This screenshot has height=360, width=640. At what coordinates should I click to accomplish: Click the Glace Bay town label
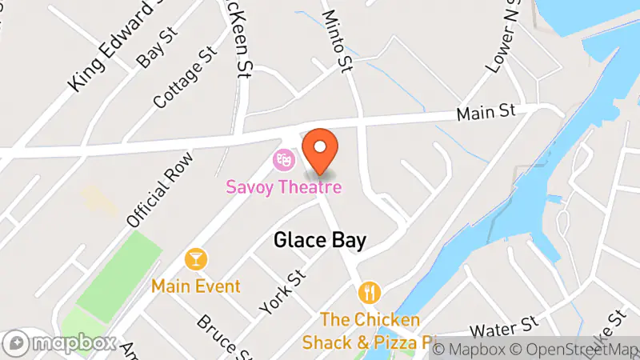click(x=319, y=240)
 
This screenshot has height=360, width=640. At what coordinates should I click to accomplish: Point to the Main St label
click(x=486, y=113)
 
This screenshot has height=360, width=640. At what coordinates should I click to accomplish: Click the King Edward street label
click(x=112, y=48)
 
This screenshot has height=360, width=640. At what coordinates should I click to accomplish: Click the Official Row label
click(x=158, y=189)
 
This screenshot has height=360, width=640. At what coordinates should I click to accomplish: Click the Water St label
click(x=502, y=327)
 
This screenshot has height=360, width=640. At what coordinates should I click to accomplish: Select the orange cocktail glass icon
click(x=195, y=259)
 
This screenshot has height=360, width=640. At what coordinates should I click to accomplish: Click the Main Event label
click(x=196, y=286)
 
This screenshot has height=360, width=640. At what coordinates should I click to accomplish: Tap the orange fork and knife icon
click(x=368, y=292)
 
